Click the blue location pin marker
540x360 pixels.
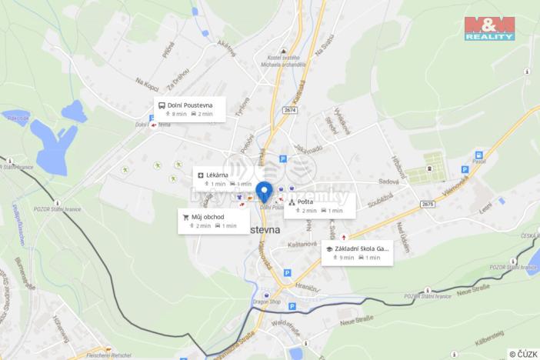(265, 192)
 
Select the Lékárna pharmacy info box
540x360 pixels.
(223, 179)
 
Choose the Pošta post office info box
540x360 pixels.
(319, 205)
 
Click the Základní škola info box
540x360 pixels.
(357, 252)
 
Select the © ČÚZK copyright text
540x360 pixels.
(523, 353)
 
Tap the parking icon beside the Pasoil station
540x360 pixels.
(464, 171)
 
